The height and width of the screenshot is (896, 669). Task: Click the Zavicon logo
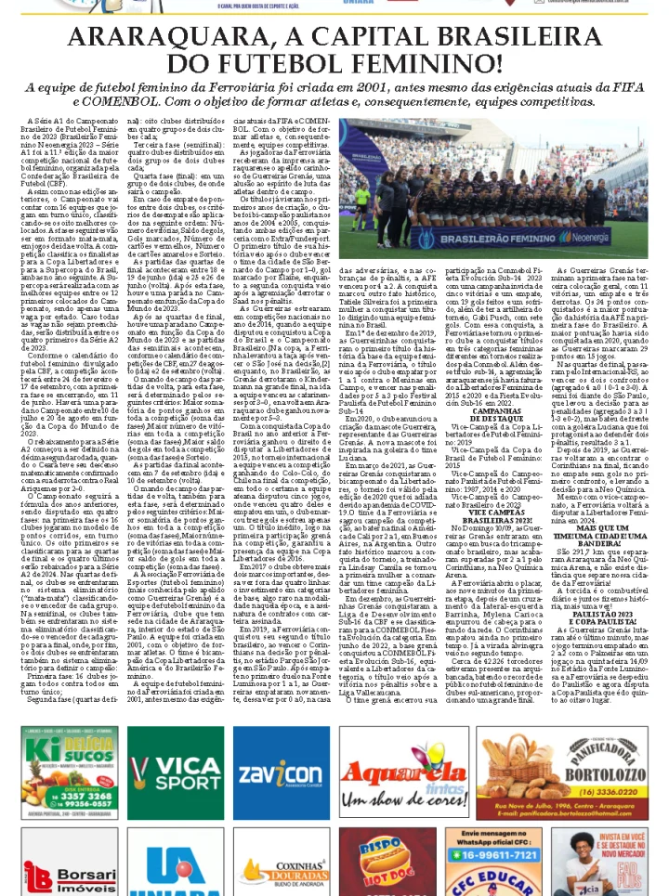tap(281, 771)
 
